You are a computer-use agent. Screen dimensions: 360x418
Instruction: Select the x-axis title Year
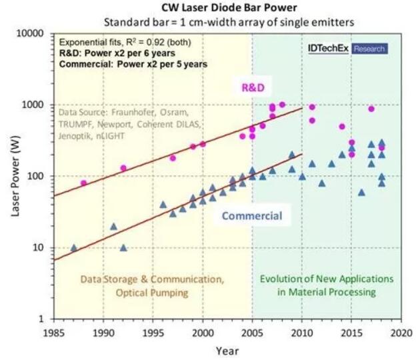coord(227,350)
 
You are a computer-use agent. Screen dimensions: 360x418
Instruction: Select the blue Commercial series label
coord(251,215)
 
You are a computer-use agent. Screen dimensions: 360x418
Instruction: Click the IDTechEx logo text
coord(328,49)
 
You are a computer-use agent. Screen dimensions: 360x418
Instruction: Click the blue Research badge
coord(369,49)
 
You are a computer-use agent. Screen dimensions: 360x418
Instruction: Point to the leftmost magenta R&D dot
coord(83,183)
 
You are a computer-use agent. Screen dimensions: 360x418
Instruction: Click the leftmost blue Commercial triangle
coord(73,247)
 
